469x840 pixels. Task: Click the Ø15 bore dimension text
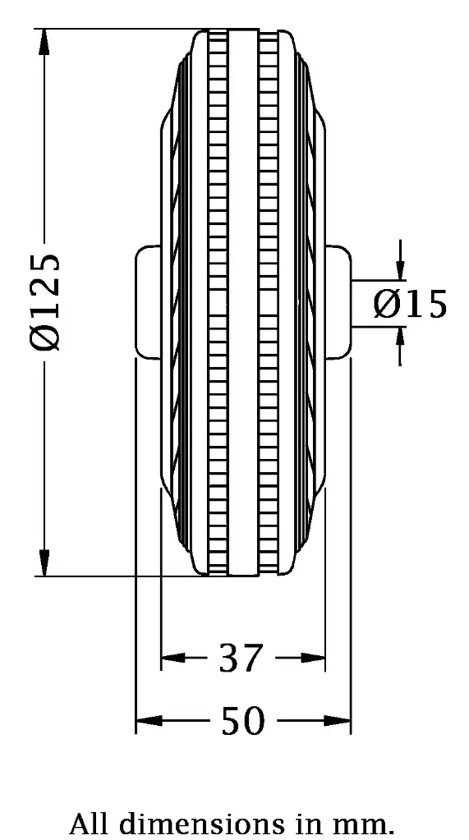click(410, 304)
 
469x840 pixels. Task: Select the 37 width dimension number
click(241, 658)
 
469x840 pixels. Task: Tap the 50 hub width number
click(243, 722)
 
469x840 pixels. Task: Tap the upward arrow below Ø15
click(400, 337)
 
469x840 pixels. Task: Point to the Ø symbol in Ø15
click(386, 304)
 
